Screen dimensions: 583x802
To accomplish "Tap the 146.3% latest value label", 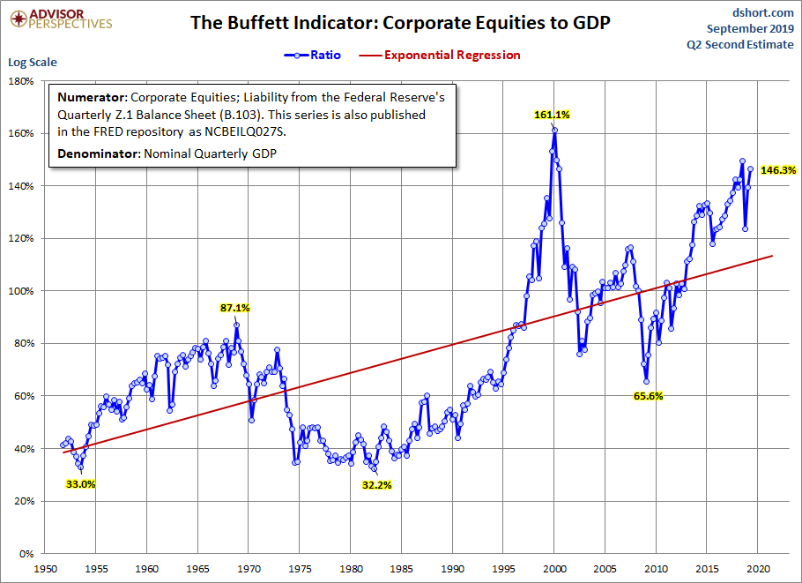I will click(x=778, y=170).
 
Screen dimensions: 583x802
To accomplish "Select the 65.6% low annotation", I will click(x=648, y=396).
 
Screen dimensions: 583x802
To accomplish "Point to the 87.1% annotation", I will click(x=235, y=308).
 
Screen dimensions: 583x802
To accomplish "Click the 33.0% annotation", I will click(x=80, y=483).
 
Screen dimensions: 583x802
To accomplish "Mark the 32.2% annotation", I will click(x=376, y=485).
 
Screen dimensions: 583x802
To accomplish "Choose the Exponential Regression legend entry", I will click(x=442, y=55).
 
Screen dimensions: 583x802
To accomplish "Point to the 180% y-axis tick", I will click(x=20, y=81).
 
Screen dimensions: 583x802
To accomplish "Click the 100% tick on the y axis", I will click(x=20, y=291).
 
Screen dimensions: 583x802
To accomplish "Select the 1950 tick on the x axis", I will click(x=45, y=570).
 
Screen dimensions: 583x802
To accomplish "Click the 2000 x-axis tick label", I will click(x=554, y=570).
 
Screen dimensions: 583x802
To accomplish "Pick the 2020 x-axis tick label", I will click(x=759, y=570).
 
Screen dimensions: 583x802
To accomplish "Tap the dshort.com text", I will click(x=764, y=12).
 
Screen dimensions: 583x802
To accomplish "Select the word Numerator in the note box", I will click(x=90, y=98).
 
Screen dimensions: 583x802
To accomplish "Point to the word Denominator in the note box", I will click(x=96, y=155).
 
